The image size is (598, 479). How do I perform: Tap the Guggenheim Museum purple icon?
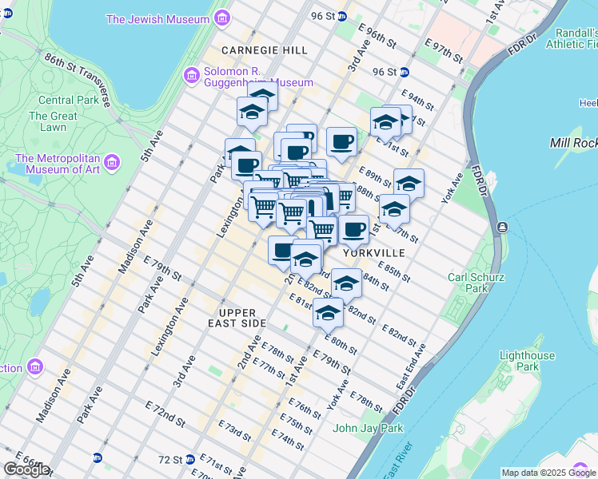191,77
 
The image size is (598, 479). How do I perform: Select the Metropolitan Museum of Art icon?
112,164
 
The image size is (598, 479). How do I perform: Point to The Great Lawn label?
54,121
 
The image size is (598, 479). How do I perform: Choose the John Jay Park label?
368,428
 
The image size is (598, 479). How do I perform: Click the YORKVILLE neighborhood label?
374,252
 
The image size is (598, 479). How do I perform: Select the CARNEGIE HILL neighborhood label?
265,50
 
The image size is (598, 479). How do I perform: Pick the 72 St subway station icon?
98,458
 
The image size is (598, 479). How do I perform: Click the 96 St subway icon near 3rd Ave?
341,16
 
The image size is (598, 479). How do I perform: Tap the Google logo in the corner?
26,469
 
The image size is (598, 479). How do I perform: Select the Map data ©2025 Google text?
548,473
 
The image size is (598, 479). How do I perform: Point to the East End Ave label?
413,368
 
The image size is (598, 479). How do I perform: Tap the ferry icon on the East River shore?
500,228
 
